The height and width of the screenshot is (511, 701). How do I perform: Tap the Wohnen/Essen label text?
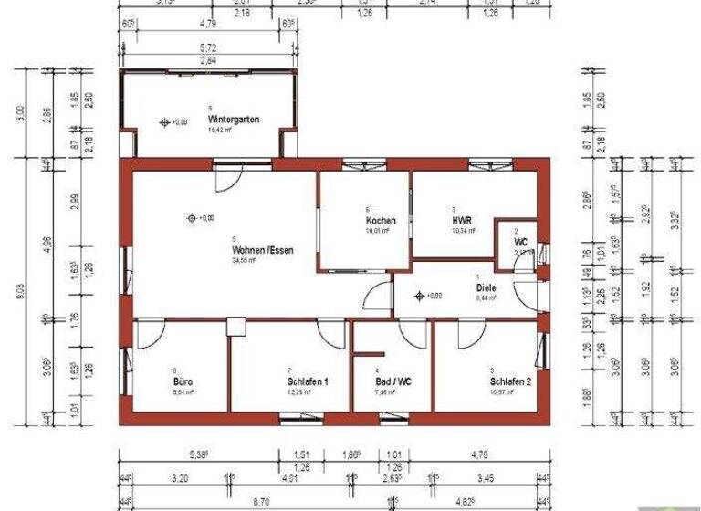click(x=263, y=249)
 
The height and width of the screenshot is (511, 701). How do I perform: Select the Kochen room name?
click(x=381, y=222)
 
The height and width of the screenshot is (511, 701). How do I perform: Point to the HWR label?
click(x=460, y=222)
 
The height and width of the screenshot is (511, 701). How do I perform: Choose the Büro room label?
click(x=183, y=381)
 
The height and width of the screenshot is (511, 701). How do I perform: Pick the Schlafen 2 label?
click(x=508, y=381)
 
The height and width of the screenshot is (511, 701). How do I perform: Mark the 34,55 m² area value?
click(x=245, y=260)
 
